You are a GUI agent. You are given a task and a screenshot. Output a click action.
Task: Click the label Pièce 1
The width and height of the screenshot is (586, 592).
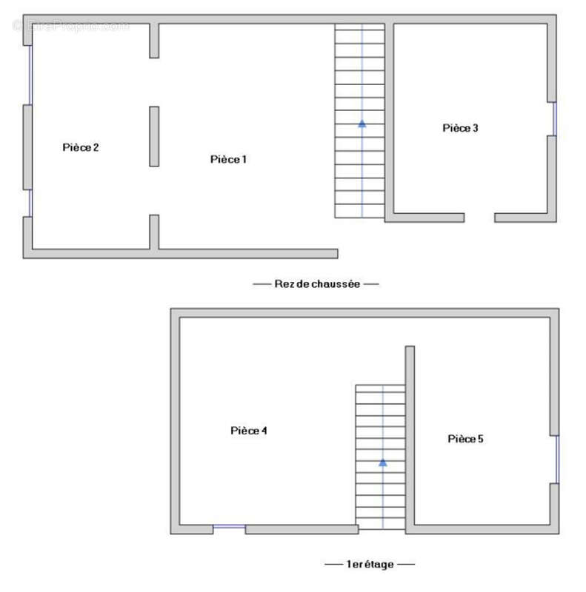pos(228,159)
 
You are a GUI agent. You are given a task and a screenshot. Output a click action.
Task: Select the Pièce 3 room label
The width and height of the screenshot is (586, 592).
pos(460,128)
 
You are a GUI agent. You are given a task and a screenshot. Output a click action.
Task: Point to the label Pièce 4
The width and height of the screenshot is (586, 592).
pos(248,431)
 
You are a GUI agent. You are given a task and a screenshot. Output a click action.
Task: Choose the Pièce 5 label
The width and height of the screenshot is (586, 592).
pos(465,439)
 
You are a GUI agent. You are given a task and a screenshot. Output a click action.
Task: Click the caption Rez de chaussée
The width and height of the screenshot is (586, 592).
pos(316,283)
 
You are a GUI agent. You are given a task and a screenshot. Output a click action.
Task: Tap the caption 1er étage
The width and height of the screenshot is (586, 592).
pos(370,564)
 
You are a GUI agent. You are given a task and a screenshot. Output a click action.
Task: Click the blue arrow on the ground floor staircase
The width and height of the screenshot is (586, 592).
pos(362,124)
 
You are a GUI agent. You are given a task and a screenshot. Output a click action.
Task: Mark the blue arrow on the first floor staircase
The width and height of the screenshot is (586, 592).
pos(382,462)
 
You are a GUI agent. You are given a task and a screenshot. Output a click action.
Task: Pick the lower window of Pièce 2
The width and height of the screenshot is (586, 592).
pos(30,202)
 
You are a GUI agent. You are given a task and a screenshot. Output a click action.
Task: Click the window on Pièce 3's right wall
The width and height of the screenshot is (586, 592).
pos(553,118)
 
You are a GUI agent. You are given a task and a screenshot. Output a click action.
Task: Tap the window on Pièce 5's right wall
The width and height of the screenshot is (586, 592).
pos(556,459)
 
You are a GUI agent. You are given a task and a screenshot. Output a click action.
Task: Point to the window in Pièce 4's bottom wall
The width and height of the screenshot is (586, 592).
pos(229,528)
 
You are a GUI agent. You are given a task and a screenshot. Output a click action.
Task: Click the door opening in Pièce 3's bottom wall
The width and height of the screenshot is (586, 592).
pos(479,218)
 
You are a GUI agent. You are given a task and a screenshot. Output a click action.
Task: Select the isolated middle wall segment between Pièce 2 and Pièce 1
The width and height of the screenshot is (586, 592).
pos(154,136)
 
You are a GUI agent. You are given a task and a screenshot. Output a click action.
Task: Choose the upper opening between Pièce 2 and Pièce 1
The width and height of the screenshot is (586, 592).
pos(154,82)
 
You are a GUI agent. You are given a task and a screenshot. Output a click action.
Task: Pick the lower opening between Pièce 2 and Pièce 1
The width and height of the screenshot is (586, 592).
pos(154,190)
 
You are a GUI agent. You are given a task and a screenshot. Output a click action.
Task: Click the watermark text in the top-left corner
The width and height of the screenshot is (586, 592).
pos(70,26)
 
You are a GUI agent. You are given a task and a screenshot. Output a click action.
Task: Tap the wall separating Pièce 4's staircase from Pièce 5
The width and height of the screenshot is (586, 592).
pos(410,437)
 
